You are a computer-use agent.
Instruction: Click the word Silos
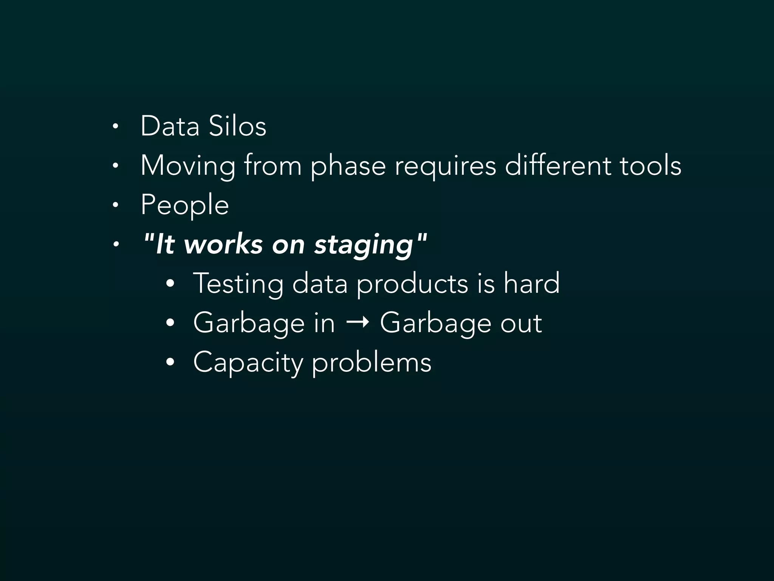237,126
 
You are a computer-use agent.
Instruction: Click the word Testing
238,284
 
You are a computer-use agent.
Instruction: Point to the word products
412,284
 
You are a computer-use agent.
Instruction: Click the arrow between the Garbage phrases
358,323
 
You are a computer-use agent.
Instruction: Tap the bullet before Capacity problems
170,362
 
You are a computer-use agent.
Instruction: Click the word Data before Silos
170,126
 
